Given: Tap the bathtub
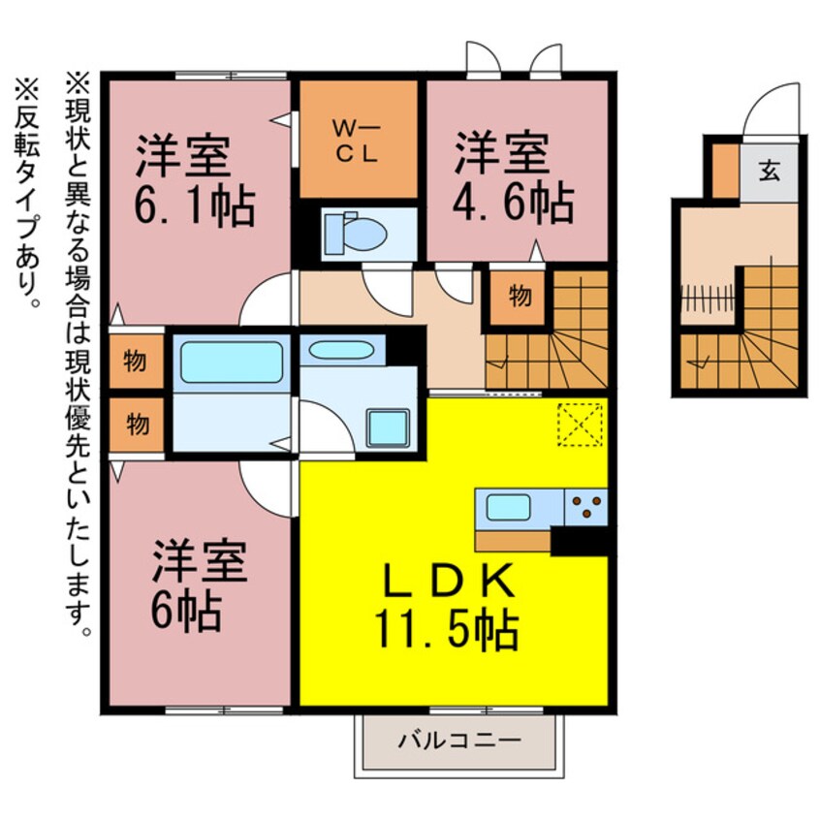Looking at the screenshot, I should pos(231,362).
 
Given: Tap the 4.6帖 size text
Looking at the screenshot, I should pos(513,205).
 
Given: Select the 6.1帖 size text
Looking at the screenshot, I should pos(193,205).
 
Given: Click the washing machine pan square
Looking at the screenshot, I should pos(388,427).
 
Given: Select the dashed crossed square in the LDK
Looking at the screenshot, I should pos(580,424).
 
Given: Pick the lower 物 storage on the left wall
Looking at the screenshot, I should pos(136,424).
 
